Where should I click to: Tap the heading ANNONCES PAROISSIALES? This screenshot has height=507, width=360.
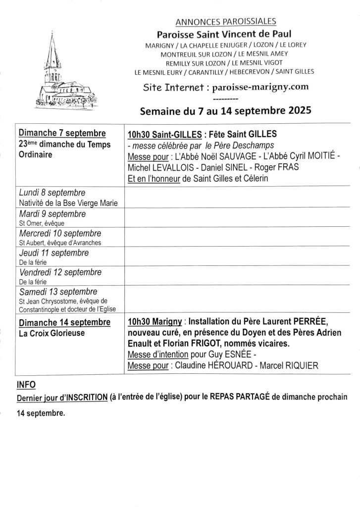225,21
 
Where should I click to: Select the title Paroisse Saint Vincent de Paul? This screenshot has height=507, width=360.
224,34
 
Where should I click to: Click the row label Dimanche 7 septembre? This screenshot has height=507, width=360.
62,133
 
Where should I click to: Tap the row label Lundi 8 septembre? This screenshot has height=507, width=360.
52,193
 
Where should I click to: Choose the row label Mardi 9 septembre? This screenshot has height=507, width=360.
52,214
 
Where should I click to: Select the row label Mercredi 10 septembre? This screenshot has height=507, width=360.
60,233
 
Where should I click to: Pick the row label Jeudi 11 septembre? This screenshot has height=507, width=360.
54,253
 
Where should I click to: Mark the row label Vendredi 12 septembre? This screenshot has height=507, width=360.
60,272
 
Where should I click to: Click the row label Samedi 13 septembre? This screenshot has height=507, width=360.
58,291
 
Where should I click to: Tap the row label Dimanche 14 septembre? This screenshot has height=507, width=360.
64,322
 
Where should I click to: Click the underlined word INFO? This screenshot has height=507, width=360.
26,384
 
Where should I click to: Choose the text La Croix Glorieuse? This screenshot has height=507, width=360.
51,333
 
